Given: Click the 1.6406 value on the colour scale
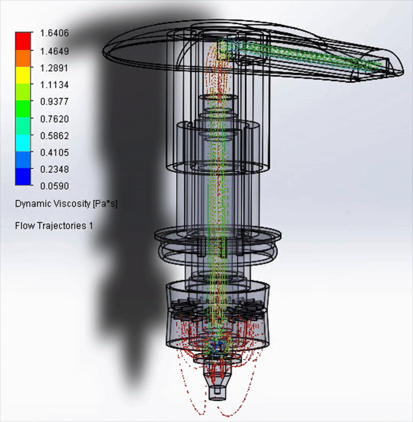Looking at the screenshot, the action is [54, 33].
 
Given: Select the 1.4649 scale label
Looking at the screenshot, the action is [54, 51].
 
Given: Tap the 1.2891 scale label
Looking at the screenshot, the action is [54, 68].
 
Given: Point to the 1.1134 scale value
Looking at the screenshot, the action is [54, 85].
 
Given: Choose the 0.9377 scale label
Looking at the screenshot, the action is [54, 102].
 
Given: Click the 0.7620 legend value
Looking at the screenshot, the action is [54, 119].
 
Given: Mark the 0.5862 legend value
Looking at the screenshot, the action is [54, 136].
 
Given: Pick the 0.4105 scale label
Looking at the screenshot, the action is [54, 153].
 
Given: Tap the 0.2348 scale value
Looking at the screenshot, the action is [54, 170].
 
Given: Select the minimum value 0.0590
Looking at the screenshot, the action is [54, 186].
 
